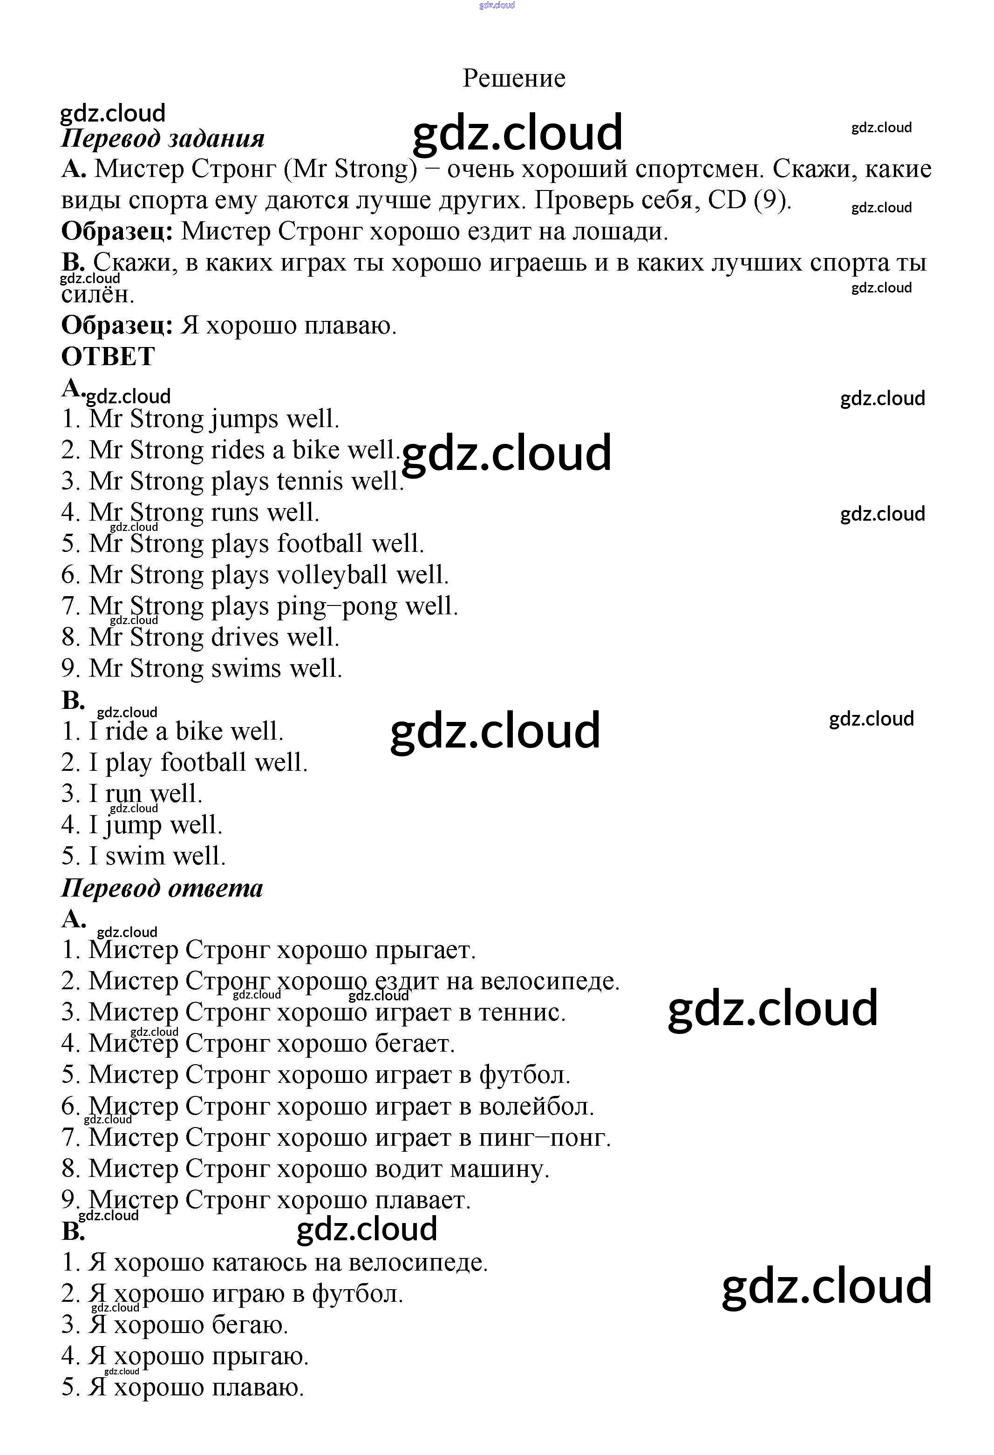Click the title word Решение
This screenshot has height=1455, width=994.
(x=513, y=78)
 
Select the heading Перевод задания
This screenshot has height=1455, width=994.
(x=163, y=138)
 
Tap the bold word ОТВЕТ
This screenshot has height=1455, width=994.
(x=108, y=357)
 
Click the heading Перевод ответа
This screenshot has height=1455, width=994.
(x=162, y=888)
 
